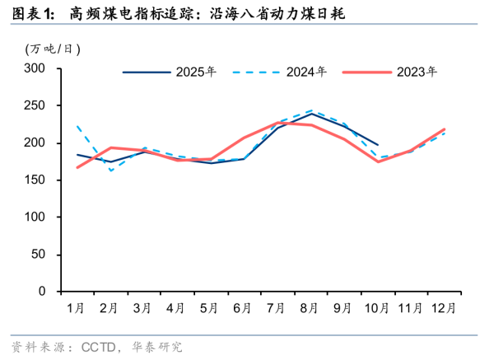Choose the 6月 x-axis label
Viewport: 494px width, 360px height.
pyautogui.click(x=243, y=308)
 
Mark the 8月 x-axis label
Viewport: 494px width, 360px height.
pyautogui.click(x=310, y=308)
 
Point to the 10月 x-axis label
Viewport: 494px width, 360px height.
pyautogui.click(x=378, y=308)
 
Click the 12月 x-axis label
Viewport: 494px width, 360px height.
pyautogui.click(x=445, y=308)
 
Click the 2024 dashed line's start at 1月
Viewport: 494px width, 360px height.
pyautogui.click(x=77, y=126)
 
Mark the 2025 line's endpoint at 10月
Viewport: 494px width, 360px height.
pyautogui.click(x=378, y=144)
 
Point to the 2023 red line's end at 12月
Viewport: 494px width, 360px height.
pyautogui.click(x=445, y=129)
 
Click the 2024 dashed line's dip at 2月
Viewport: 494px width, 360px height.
pyautogui.click(x=111, y=171)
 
